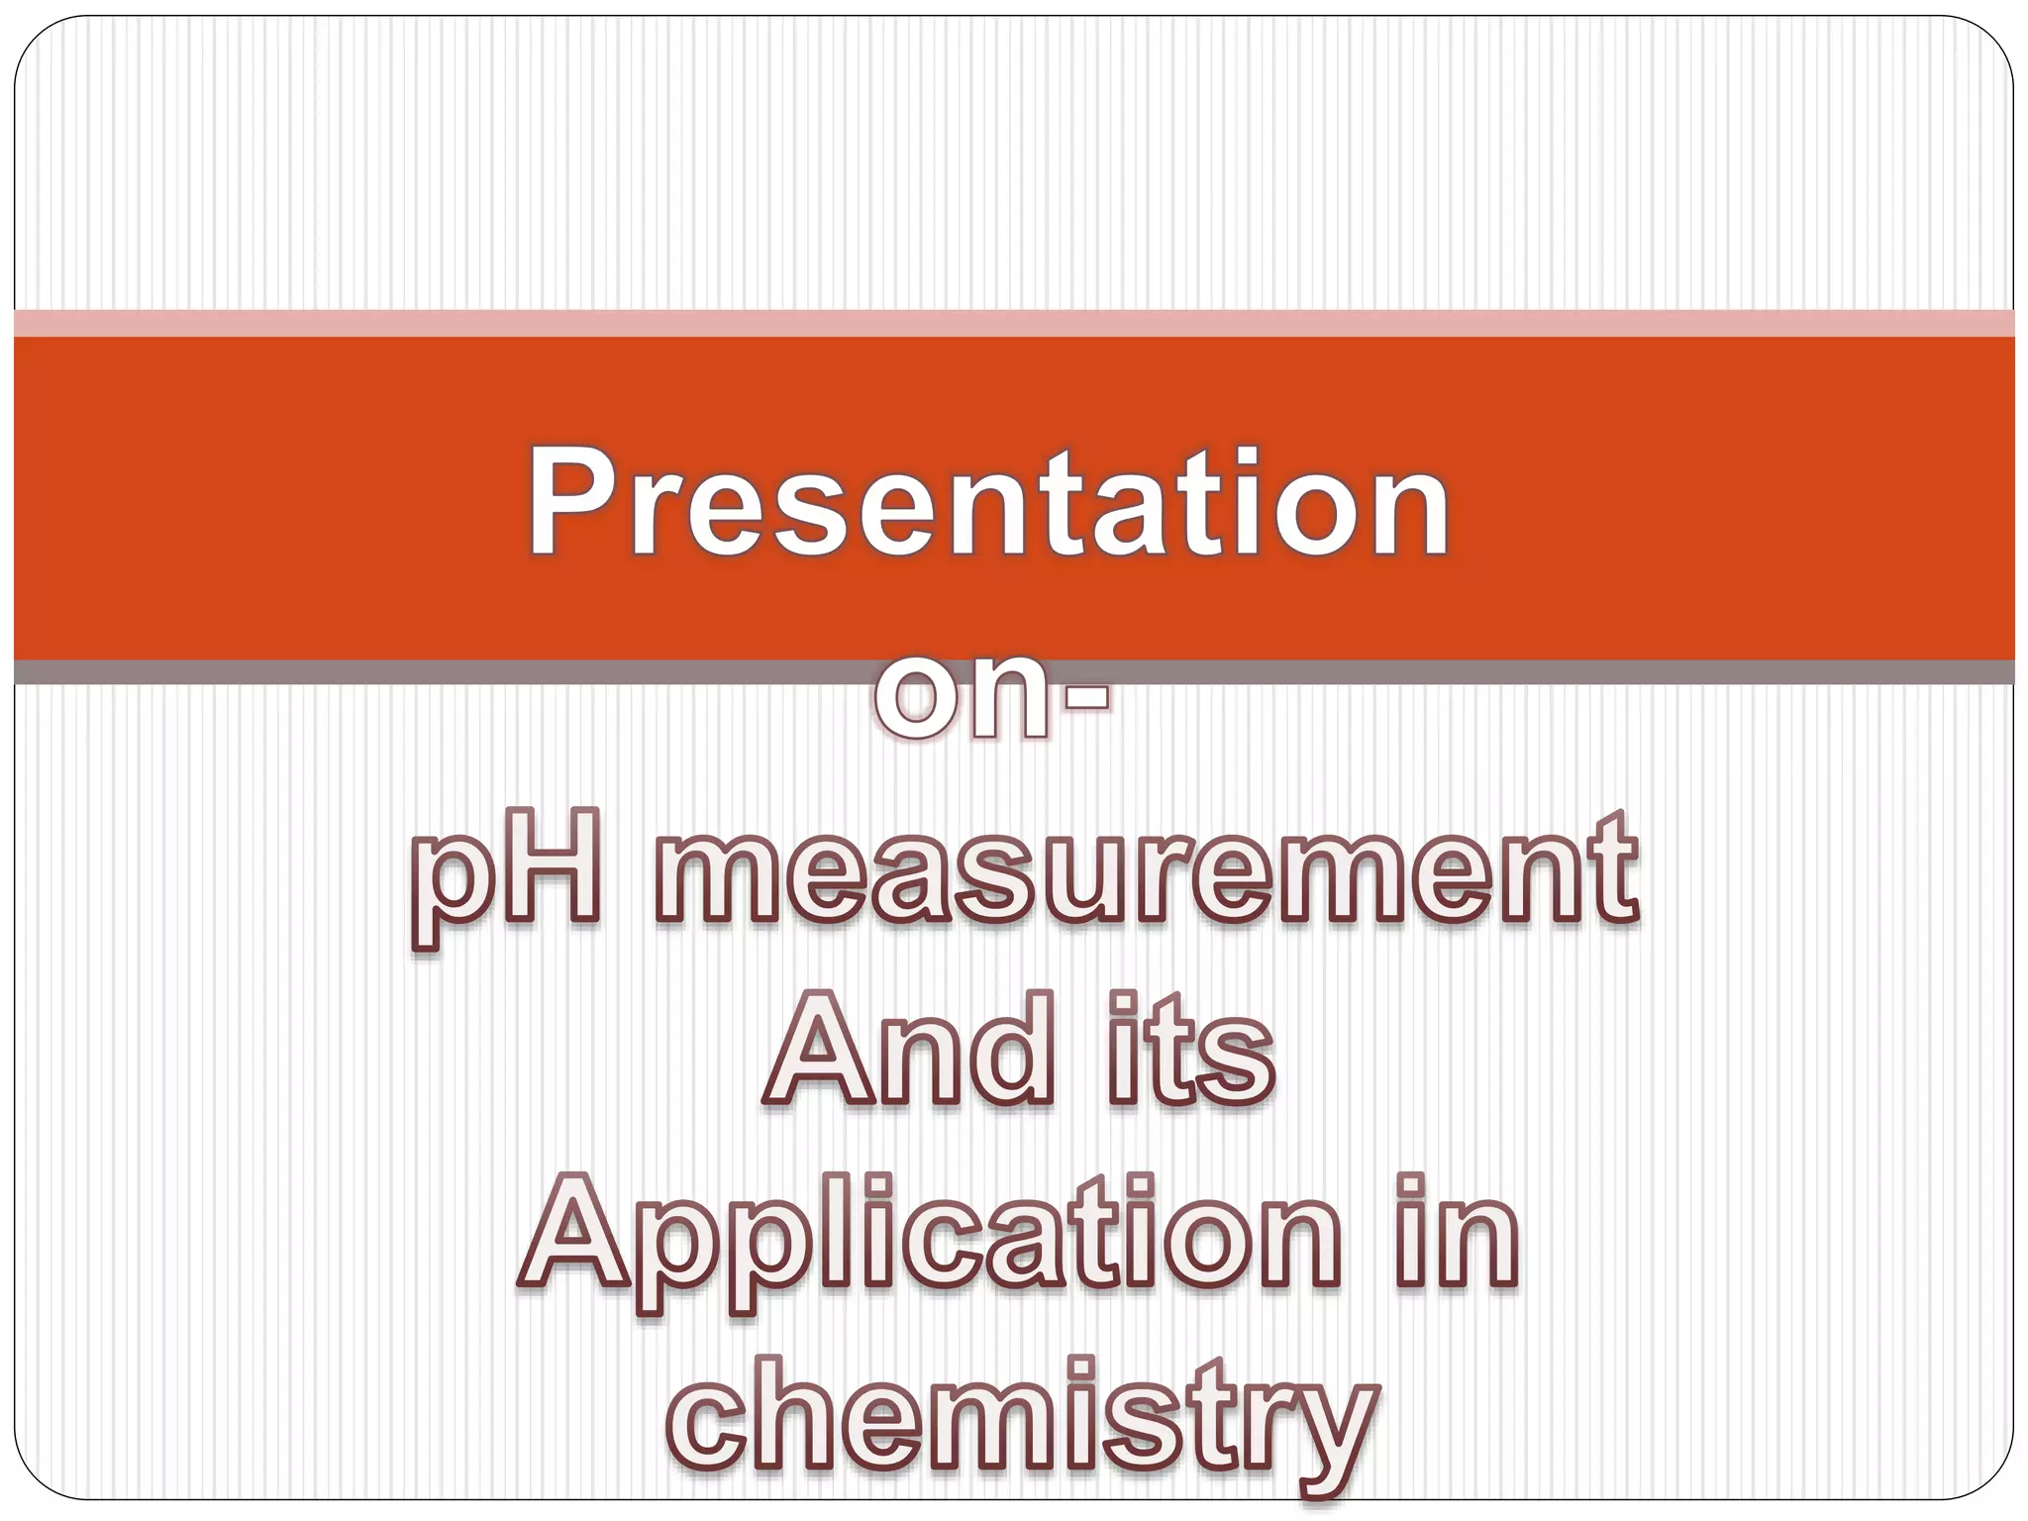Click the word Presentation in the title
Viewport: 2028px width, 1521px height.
pos(988,503)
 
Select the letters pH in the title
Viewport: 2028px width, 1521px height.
pos(505,871)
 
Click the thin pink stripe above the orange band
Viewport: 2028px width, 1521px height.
pos(1014,323)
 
